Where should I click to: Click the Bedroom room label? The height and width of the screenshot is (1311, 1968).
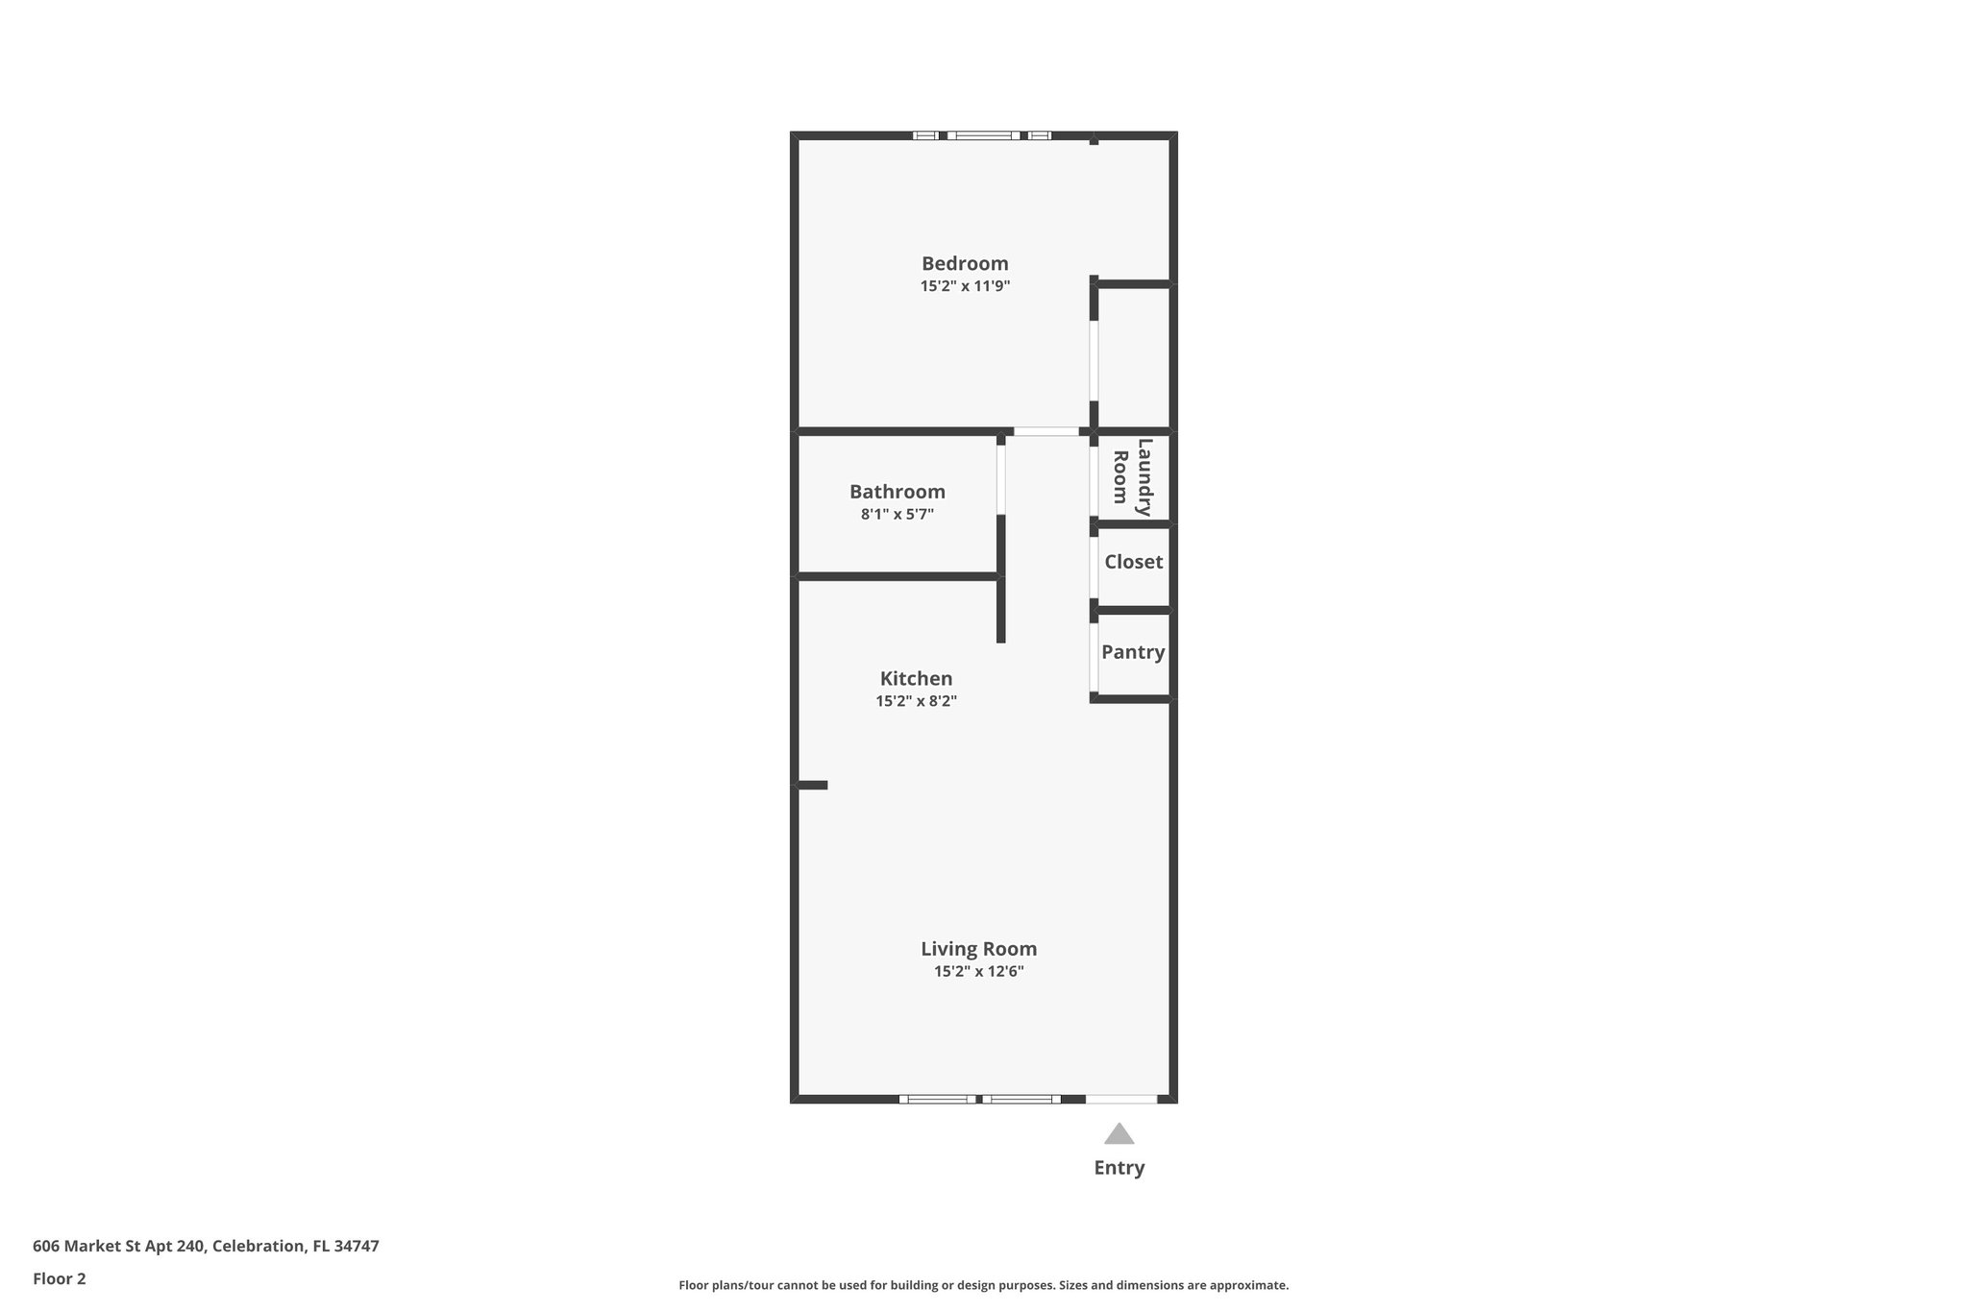[965, 263]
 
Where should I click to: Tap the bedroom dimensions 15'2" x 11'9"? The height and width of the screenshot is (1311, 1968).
[965, 286]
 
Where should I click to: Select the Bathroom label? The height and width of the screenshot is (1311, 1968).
[897, 492]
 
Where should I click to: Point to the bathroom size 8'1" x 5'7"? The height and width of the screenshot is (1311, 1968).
[897, 515]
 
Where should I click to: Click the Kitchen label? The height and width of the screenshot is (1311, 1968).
[916, 679]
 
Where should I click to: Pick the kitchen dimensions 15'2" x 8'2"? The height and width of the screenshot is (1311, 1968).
[916, 701]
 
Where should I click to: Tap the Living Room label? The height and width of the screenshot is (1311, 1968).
[978, 949]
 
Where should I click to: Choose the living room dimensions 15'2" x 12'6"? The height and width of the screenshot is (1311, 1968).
[978, 971]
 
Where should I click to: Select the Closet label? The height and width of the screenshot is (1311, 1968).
[1133, 562]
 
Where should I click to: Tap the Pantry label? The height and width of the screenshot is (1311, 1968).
[1133, 652]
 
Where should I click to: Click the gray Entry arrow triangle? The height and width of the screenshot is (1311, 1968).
[1119, 1134]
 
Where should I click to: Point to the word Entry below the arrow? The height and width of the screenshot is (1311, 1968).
[1119, 1168]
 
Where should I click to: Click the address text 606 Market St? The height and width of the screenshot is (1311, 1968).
[206, 1246]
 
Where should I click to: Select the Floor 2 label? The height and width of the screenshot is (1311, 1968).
[60, 1278]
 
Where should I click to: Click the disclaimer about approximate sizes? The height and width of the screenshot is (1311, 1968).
[983, 1285]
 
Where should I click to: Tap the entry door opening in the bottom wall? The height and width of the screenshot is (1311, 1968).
[1120, 1099]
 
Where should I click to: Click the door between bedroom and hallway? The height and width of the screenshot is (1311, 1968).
[1046, 432]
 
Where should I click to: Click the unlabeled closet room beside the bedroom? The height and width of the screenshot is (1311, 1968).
[1133, 356]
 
